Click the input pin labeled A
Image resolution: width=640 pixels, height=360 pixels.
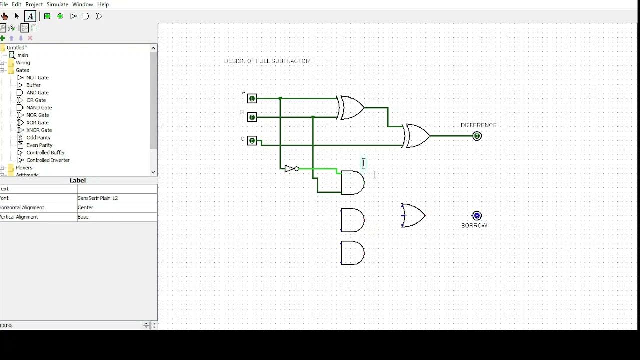tap(252, 99)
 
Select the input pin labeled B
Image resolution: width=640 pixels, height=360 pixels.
tap(252, 117)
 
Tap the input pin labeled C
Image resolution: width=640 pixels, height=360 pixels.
tap(252, 141)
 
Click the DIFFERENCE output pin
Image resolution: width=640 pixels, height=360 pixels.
tap(477, 136)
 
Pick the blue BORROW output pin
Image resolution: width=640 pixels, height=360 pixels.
tap(477, 216)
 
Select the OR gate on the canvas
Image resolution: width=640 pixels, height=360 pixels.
tap(413, 216)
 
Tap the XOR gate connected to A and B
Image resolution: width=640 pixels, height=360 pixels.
tap(352, 108)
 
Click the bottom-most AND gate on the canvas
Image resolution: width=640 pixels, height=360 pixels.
tap(352, 253)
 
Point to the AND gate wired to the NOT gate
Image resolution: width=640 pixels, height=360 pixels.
tap(352, 183)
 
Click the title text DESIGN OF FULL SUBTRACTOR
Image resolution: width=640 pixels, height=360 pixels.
tap(267, 61)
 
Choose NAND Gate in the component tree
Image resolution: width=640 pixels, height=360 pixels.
tap(39, 108)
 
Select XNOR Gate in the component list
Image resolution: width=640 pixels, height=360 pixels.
tap(39, 130)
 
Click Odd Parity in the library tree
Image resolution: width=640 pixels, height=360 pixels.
tap(38, 138)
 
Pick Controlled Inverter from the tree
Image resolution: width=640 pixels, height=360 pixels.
tap(48, 160)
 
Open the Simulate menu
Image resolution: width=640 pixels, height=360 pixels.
tap(57, 4)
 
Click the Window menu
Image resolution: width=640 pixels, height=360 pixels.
tap(83, 4)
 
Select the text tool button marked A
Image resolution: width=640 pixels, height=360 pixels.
tap(30, 16)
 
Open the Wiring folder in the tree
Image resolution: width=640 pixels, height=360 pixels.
tap(23, 63)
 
